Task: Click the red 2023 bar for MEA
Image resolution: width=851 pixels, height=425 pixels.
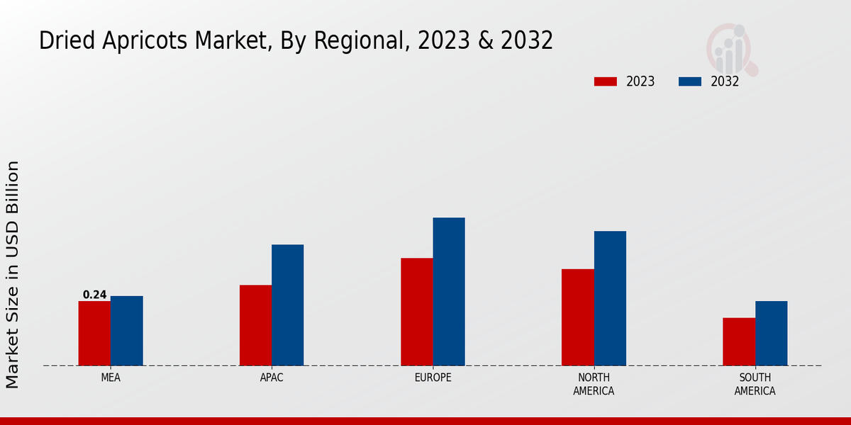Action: pos(94,334)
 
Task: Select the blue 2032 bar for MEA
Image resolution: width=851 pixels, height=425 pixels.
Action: pos(126,331)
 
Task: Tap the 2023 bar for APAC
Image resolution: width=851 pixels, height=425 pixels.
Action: pos(255,325)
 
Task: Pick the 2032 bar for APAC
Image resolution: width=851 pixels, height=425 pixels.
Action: pos(287,305)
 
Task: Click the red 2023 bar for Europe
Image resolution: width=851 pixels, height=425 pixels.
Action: pos(416,312)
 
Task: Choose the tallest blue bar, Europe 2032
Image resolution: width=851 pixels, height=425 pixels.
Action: pos(449,292)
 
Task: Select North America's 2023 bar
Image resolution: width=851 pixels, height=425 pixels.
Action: pos(577,317)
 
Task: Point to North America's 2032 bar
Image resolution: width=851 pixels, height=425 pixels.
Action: pos(610,298)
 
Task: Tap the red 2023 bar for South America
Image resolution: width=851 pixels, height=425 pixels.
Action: pos(739,341)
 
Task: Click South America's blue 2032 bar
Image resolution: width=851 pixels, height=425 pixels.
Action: pos(771,334)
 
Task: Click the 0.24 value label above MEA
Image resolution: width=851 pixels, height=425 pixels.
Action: pos(94,295)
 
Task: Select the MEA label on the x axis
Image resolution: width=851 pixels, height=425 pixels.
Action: pos(111,378)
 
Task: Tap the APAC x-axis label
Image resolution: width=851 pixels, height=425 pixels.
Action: pos(272,378)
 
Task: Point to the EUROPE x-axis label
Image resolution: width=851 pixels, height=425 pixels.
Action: pos(433,378)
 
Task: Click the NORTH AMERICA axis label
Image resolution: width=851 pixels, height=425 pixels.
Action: pos(594,384)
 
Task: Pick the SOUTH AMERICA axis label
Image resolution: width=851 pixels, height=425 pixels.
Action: pos(755,384)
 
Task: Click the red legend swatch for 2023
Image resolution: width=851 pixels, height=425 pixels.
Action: pos(606,81)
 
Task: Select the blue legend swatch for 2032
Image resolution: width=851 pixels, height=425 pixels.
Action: pos(690,81)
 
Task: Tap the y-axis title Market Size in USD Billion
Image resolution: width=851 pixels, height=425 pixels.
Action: pos(13,274)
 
